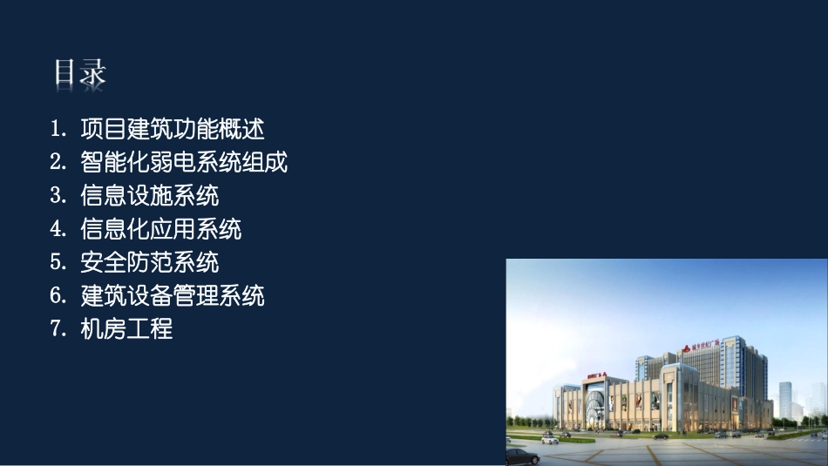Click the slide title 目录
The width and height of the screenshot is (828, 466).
coord(79,73)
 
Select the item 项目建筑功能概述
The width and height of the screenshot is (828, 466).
coord(172,130)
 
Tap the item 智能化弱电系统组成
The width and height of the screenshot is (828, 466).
coord(183,163)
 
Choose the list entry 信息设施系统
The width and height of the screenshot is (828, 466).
coord(149,195)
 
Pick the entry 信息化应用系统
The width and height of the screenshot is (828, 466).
coord(160,229)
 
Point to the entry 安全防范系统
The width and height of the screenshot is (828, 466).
coord(149,262)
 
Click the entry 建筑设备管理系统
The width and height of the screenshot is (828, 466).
coord(172,295)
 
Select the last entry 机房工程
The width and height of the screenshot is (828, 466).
coord(126,328)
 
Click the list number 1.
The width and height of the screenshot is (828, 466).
coord(58,130)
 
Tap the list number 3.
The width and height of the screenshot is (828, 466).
coord(58,195)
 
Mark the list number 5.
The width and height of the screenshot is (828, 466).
coord(58,262)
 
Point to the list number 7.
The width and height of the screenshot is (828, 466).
coord(58,328)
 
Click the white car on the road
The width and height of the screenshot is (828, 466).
coord(550,439)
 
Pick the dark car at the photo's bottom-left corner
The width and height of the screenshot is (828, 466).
coord(521,456)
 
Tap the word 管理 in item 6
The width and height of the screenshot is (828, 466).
coord(206,295)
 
